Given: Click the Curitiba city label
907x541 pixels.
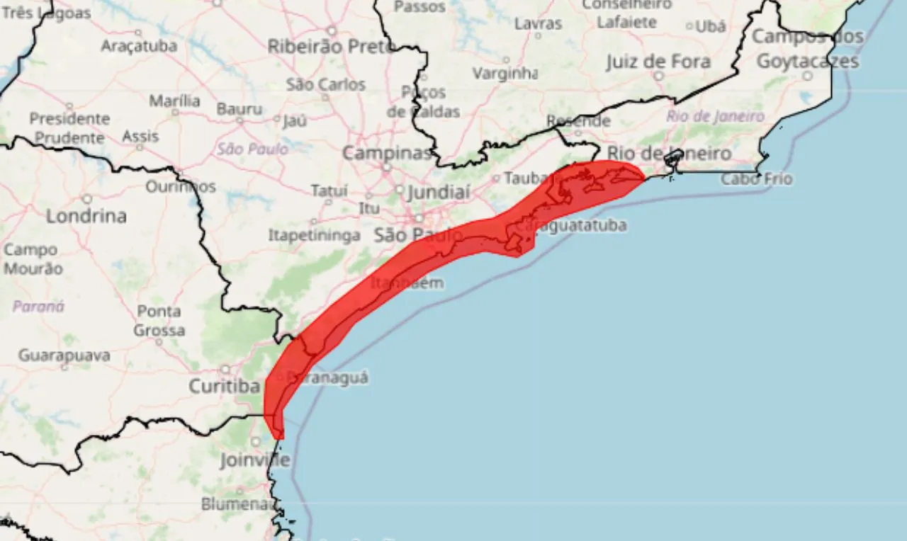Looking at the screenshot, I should (224, 387).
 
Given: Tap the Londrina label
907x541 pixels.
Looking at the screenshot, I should (86, 216).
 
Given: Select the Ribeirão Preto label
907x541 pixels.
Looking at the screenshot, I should (330, 47).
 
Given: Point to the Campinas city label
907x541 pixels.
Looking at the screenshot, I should (387, 153).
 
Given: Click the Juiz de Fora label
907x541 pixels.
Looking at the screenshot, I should (658, 62).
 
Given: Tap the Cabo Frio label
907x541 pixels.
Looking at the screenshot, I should (757, 179).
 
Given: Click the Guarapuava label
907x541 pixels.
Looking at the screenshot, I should (64, 355).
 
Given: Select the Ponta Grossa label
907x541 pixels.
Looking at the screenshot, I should (159, 321).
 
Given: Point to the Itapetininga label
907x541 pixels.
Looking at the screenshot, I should (314, 236).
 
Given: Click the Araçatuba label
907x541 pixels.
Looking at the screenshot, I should (139, 46).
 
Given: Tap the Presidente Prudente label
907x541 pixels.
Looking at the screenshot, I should (69, 128).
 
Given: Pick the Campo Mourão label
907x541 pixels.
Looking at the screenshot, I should (33, 259).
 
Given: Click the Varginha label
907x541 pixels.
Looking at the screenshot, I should (505, 74).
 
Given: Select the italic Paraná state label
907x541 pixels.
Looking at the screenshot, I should (38, 307).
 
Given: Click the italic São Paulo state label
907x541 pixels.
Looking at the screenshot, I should (253, 149).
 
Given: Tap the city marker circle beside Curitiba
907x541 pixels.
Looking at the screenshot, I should (225, 370).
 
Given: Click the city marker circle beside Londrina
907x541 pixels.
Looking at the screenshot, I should (87, 199).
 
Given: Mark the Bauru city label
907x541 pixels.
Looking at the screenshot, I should (240, 110).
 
